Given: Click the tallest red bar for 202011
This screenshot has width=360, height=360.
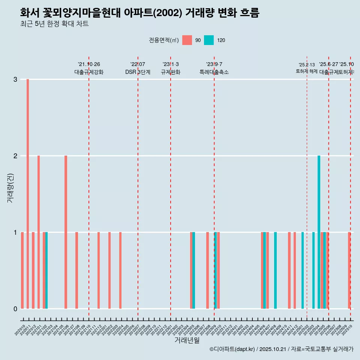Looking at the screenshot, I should tap(28, 194).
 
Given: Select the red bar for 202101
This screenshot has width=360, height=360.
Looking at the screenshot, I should tap(39, 232).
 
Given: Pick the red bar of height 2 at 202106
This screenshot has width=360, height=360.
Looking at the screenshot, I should tap(66, 232).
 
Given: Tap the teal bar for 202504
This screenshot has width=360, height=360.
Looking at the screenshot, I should tap(319, 232).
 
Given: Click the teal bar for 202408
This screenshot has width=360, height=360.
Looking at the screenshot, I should tap(275, 270).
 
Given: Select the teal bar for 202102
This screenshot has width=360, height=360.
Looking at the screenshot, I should tap(46, 270).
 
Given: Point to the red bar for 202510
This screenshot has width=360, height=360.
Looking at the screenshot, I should tap(349, 270).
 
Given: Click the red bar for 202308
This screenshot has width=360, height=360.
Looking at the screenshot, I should tap(207, 270).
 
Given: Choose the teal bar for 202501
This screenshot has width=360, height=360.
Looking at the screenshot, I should tap(303, 270).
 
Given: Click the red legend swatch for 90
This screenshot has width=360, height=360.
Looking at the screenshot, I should tap(187, 40).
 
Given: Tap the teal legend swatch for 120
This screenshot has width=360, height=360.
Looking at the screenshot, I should tap(209, 40).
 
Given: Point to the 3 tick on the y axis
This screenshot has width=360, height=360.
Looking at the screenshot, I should tap(15, 79).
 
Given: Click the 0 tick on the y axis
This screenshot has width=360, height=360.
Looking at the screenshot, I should tap(15, 309).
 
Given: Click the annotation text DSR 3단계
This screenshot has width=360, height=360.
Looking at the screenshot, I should tap(138, 72).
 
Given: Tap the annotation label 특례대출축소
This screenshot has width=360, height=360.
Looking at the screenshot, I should tap(214, 72).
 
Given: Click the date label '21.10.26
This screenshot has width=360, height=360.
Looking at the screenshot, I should tap(89, 64).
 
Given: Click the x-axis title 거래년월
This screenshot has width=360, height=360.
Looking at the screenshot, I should tap(187, 340).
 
